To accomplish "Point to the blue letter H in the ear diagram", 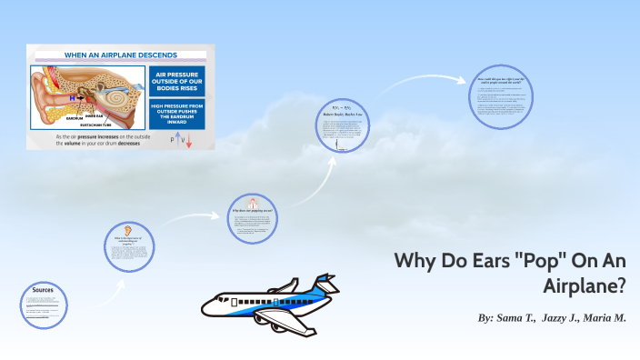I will (x=72, y=95).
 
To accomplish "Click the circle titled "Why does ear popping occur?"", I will (x=253, y=219).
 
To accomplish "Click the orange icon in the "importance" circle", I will (x=127, y=229).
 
